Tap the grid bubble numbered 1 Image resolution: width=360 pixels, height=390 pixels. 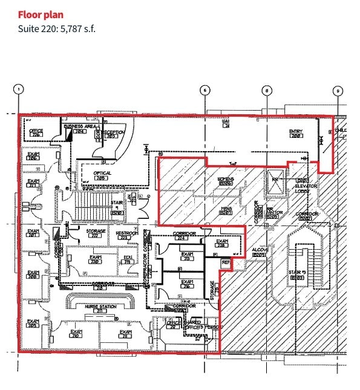pos(19,89)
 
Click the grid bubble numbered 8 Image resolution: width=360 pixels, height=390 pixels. pos(267,90)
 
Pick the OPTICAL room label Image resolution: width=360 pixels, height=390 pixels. pos(102,174)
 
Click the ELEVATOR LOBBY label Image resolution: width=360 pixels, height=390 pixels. pos(307,187)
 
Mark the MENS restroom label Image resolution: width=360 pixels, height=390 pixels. pos(226,209)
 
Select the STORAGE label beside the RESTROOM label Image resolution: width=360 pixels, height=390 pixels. pos(95,232)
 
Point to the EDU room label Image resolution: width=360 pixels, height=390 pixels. pos(128,259)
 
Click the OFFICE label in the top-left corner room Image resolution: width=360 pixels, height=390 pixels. pos(36,131)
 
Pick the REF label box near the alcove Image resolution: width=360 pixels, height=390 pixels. pos(226,262)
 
